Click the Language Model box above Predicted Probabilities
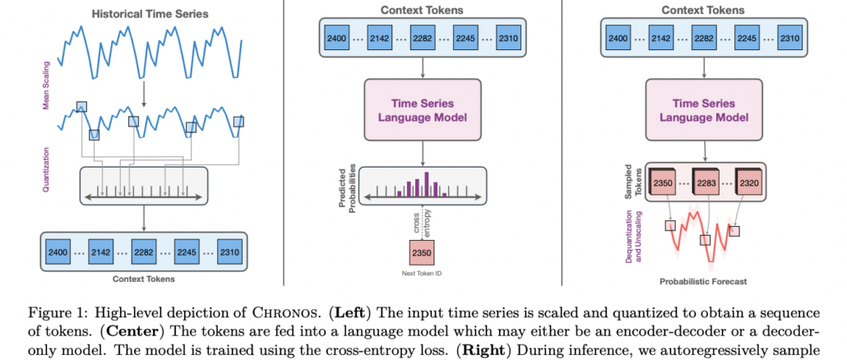click(x=422, y=109)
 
